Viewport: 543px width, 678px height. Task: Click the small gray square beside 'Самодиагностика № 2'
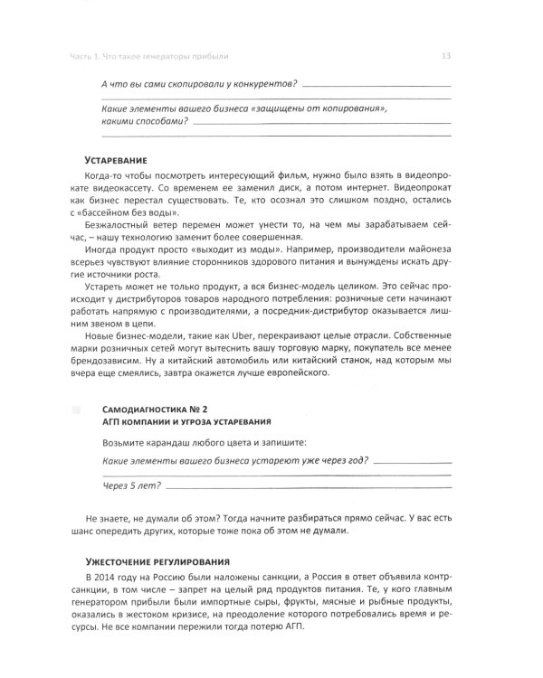pyautogui.click(x=75, y=410)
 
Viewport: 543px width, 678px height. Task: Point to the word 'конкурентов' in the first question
pyautogui.click(x=256, y=84)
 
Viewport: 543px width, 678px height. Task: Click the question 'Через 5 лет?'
pyautogui.click(x=131, y=486)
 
